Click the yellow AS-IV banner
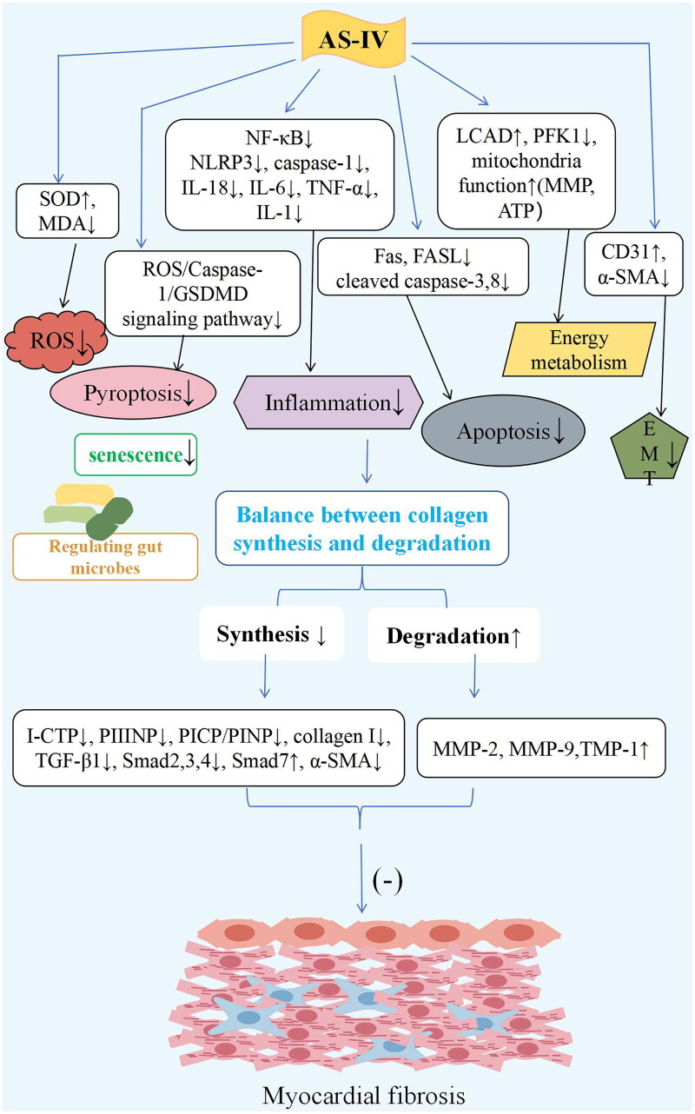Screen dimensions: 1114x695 tap(347, 36)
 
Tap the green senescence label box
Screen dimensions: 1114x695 tap(137, 454)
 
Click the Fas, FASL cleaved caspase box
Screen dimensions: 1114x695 tap(424, 267)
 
